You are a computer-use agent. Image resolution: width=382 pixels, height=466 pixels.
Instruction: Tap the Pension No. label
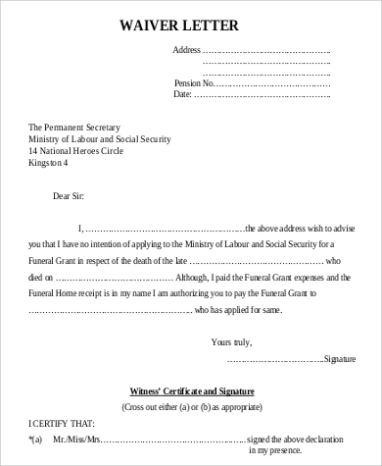point(193,83)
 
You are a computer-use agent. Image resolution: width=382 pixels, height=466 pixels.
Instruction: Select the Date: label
point(183,95)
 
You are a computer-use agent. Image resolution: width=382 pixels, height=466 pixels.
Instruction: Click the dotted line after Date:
point(262,95)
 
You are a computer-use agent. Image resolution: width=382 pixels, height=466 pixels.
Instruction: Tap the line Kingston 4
point(49,163)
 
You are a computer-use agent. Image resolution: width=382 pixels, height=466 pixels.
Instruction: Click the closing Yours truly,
point(231,342)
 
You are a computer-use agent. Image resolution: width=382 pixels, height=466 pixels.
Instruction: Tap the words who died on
point(46,279)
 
